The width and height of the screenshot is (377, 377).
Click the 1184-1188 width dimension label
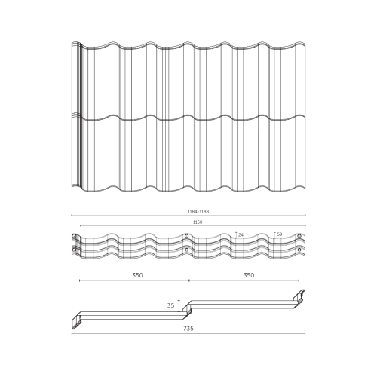pos(198,211)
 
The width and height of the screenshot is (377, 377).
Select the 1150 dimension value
pos(198,222)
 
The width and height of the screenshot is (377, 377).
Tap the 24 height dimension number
pos(241,234)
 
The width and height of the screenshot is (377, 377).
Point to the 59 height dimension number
pos(280,234)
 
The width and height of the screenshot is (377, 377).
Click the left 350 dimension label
pos(137,275)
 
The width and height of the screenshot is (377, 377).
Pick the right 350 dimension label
pos(249,275)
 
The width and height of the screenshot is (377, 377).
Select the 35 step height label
pos(170,305)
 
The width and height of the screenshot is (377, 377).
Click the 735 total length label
pos(188,329)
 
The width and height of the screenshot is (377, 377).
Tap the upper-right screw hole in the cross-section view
pos(299,236)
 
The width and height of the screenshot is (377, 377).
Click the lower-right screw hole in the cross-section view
pos(299,250)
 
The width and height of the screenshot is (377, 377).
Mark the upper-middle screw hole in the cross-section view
pos(186,236)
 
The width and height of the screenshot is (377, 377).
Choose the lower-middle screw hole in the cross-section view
pos(186,250)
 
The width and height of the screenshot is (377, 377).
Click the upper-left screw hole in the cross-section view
pos(74,236)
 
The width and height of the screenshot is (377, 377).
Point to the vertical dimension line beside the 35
pos(179,306)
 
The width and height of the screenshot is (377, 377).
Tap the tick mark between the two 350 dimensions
pos(189,280)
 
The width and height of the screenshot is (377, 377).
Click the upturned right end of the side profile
pos(299,296)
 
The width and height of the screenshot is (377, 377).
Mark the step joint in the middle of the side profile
pos(187,309)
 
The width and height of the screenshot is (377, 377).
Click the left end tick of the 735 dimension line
pos(72,333)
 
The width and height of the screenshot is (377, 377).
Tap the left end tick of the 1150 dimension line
pos(80,225)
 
